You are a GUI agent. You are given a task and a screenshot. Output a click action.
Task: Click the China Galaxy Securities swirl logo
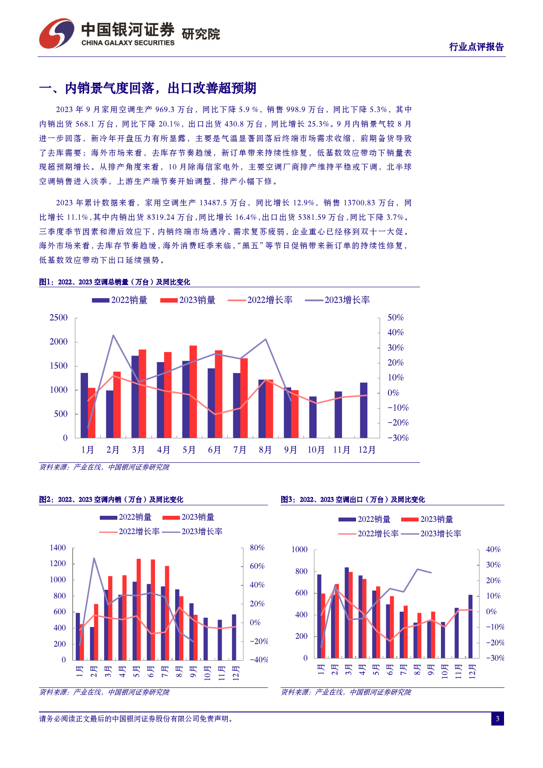pyautogui.click(x=56, y=33)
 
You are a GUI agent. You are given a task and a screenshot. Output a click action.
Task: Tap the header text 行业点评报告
pyautogui.click(x=476, y=47)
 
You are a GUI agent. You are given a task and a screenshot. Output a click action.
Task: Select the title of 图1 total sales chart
pyautogui.click(x=115, y=282)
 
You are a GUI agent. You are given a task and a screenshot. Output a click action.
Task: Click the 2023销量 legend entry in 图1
pyautogui.click(x=188, y=300)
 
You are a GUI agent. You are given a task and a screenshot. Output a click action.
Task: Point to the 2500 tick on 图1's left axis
pyautogui.click(x=59, y=317)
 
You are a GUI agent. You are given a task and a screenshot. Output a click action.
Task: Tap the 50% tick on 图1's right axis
pyautogui.click(x=395, y=317)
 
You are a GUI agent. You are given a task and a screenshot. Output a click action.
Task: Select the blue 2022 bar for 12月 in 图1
pyautogui.click(x=363, y=410)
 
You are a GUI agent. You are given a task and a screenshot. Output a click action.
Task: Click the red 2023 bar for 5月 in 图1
pyautogui.click(x=193, y=392)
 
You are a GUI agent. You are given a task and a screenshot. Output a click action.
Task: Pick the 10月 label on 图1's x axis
pyautogui.click(x=316, y=450)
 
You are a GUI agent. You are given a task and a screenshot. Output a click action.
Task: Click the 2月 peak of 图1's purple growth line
pyautogui.click(x=113, y=335)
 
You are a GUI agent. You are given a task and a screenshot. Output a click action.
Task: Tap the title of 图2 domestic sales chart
pyautogui.click(x=111, y=500)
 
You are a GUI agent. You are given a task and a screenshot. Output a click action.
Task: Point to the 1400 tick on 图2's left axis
pyautogui.click(x=58, y=548)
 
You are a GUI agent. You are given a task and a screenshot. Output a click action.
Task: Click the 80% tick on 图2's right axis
pyautogui.click(x=257, y=548)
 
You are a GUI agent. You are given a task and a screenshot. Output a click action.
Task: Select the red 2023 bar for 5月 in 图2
pyautogui.click(x=139, y=609)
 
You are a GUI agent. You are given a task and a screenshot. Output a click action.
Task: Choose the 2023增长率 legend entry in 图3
pyautogui.click(x=431, y=534)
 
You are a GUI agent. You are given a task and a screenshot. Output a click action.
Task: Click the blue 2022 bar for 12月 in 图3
pyautogui.click(x=470, y=627)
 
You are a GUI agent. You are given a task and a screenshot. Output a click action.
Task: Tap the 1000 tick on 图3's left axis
pyautogui.click(x=300, y=550)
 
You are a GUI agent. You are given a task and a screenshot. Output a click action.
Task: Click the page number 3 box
pyautogui.click(x=497, y=719)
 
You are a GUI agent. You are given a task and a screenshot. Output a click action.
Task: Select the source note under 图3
pyautogui.click(x=346, y=692)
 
